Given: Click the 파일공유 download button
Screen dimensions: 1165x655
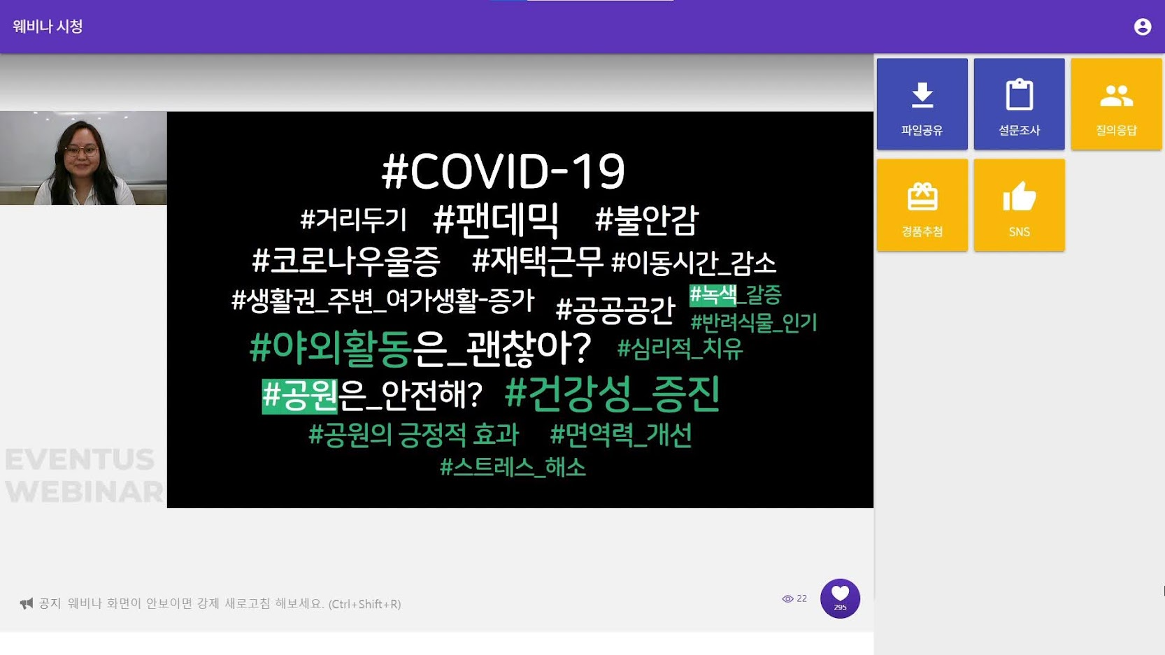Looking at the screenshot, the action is coord(922,104).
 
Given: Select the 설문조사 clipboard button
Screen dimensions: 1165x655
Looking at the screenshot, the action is coord(1020,104).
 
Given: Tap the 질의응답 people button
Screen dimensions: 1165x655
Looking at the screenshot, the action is coord(1116,104).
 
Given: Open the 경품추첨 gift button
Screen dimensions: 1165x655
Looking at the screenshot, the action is coord(922,206).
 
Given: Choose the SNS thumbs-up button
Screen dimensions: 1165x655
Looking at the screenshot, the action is coord(1020,206).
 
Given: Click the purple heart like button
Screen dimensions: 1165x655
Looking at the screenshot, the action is coord(840,598).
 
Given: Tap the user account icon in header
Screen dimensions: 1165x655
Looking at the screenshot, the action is coord(1143,27).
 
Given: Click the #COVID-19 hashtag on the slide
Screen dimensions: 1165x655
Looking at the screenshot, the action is coord(503,171).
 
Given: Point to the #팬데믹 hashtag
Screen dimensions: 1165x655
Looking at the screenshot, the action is coord(496,220).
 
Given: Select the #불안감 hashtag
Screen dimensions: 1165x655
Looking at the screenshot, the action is coord(646,220).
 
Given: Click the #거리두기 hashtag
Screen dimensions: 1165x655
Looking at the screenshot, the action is coord(353,219).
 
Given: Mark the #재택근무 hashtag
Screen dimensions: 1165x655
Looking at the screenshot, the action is coord(537,261).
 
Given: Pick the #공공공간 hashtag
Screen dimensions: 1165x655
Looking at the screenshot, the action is coord(615,310).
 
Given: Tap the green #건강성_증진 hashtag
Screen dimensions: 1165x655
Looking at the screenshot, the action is coord(612,394).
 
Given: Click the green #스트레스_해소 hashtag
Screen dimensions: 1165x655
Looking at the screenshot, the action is coord(513,468).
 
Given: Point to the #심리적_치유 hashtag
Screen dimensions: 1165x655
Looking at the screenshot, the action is coord(680,348).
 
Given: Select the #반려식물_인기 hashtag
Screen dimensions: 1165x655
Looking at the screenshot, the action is coord(754,322).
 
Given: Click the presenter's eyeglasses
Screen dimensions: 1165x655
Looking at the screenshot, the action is coord(81,151).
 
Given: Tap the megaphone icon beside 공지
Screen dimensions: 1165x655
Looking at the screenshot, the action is coord(27,603).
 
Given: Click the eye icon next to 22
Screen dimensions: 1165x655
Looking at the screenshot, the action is coord(787,599).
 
